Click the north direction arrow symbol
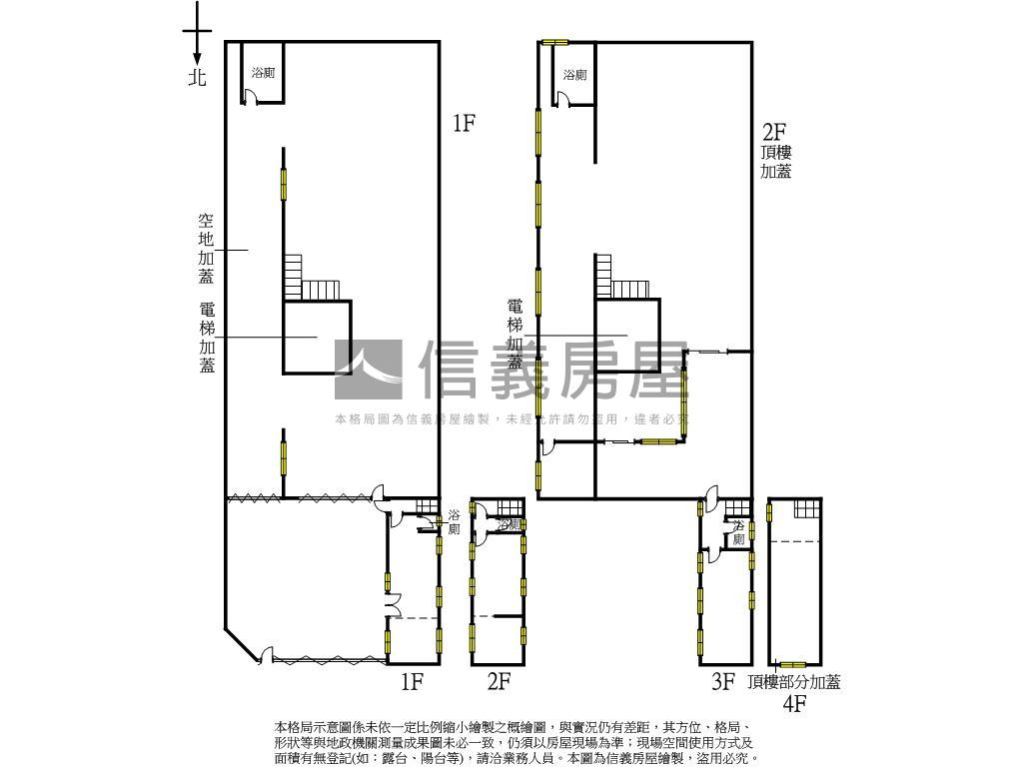tap(197, 35)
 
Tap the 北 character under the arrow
tap(197, 77)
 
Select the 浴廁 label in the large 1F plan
tap(264, 73)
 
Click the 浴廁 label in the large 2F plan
tap(574, 74)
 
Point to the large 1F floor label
tap(463, 123)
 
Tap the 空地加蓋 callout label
tap(206, 249)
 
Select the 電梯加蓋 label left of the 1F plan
tap(207, 338)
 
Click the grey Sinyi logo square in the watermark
tap(369, 371)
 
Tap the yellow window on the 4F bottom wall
tap(793, 664)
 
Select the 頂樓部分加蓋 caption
tap(794, 682)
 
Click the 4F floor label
tap(794, 705)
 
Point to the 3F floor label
tap(723, 683)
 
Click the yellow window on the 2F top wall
tap(554, 42)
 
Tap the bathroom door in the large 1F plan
tap(252, 97)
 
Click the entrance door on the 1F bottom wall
tap(266, 656)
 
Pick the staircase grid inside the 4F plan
tap(806, 508)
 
